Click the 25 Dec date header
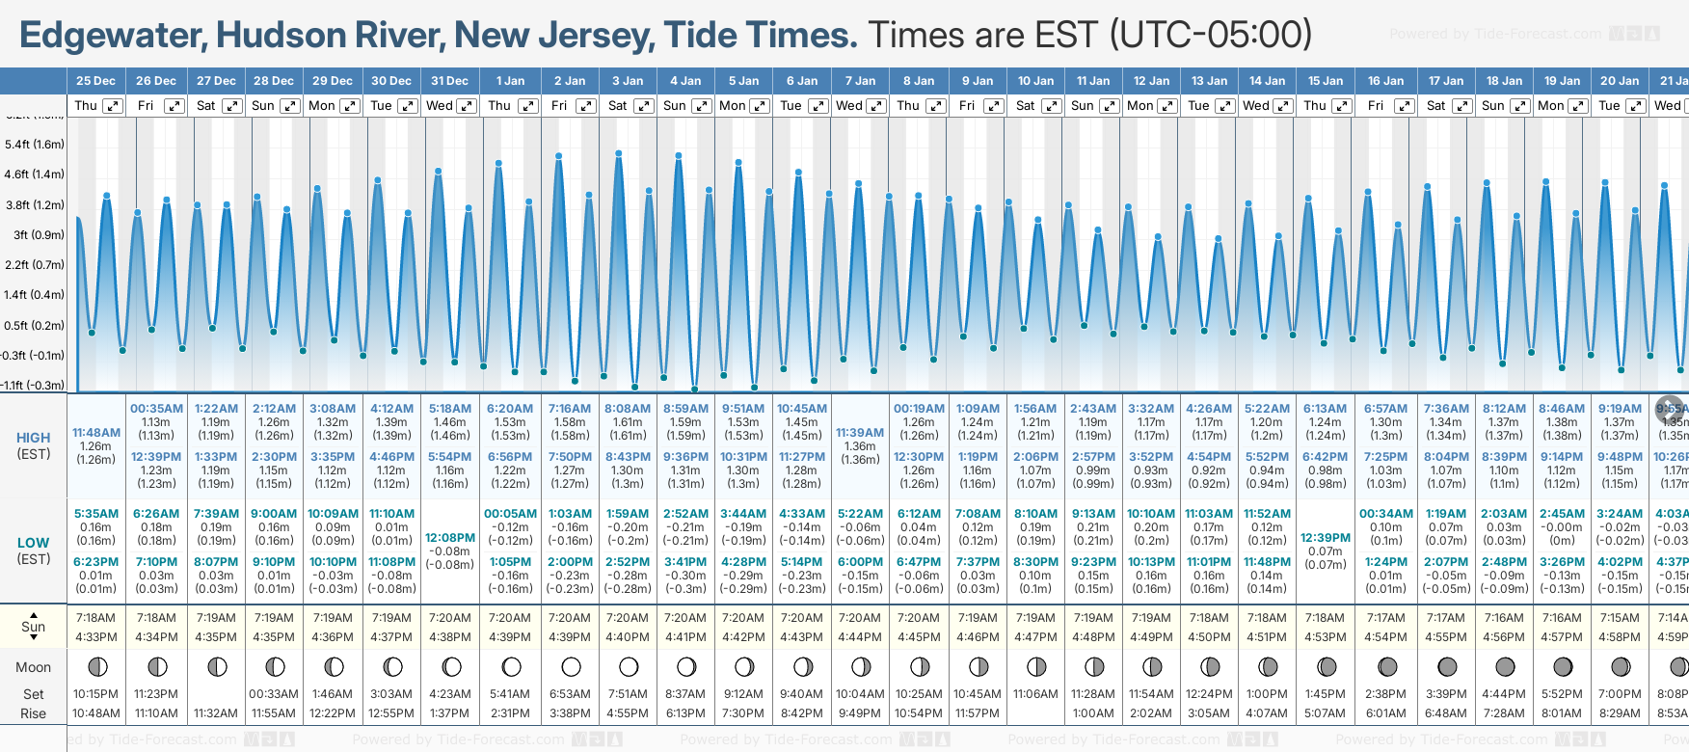tap(95, 81)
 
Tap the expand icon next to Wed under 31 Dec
tap(466, 106)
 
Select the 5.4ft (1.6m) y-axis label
tap(35, 145)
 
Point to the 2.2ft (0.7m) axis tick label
tap(35, 264)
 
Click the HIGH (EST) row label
tap(34, 445)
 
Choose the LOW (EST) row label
tap(34, 551)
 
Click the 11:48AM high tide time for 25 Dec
tap(96, 433)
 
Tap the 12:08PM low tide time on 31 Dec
tap(450, 538)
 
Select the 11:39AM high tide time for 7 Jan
tap(860, 433)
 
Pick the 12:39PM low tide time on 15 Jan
tap(1326, 538)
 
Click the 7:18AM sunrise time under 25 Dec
tap(95, 618)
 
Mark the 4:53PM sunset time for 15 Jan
tap(1326, 637)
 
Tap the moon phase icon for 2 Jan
tap(571, 667)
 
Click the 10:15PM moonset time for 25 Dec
tap(95, 694)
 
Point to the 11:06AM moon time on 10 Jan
tap(1035, 694)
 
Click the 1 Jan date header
tap(510, 81)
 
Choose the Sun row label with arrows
tap(34, 627)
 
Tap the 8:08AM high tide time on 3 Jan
tap(628, 409)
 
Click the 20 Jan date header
tap(1620, 81)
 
